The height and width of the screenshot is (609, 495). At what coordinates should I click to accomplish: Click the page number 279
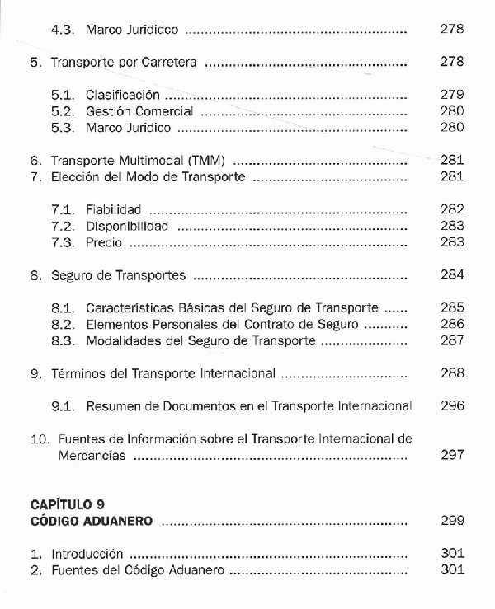click(452, 95)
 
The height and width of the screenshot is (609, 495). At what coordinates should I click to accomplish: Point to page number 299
click(452, 521)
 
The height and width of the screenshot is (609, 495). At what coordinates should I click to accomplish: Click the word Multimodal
click(153, 160)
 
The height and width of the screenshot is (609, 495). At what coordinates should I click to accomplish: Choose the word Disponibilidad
click(127, 226)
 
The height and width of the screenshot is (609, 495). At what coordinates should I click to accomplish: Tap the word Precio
click(104, 242)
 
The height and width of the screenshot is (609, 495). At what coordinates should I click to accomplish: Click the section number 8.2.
click(64, 324)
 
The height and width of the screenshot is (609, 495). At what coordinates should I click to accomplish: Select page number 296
click(452, 405)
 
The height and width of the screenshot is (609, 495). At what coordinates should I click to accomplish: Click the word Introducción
click(87, 554)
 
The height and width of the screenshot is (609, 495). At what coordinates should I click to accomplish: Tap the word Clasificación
click(123, 95)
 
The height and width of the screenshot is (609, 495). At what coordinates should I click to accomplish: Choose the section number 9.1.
click(64, 405)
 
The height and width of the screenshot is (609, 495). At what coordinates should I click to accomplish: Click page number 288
click(452, 372)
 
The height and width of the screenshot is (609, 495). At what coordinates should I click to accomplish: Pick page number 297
click(452, 455)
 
